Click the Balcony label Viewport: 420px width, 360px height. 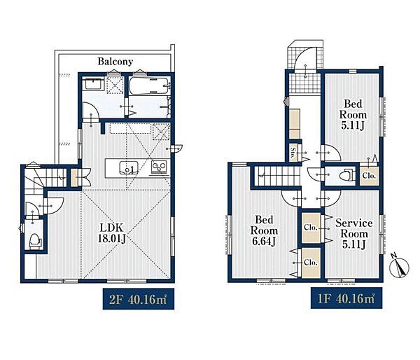(115, 62)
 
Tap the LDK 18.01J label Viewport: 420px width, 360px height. (111, 233)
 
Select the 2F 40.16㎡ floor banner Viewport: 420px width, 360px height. (139, 299)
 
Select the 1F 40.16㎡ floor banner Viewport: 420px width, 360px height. (346, 298)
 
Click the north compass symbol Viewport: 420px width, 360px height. (400, 267)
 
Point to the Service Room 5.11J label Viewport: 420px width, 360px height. (353, 234)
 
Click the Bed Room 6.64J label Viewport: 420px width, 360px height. (264, 230)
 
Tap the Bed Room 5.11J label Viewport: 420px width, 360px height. (353, 114)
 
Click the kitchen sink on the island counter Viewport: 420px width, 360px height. (129, 168)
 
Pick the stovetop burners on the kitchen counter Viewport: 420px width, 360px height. (159, 167)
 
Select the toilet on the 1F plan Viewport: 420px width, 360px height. (347, 176)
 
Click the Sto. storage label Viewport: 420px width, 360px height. (294, 153)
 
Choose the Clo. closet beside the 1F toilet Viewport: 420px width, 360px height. (369, 176)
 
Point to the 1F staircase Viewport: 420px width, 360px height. (277, 176)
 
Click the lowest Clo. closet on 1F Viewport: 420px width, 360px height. (311, 263)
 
